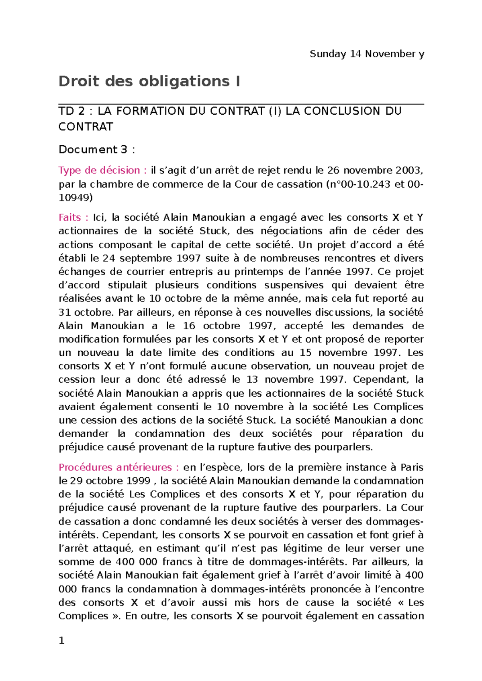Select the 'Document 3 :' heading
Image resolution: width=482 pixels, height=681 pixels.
click(96, 150)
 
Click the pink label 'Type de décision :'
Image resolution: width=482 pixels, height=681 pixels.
click(102, 170)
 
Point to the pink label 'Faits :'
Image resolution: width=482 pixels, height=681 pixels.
click(74, 218)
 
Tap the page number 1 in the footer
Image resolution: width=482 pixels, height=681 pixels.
click(61, 640)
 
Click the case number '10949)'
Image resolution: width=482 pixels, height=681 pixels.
click(76, 197)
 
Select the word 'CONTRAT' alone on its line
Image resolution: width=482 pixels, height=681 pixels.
click(86, 127)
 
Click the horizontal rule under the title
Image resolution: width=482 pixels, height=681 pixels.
click(241, 104)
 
